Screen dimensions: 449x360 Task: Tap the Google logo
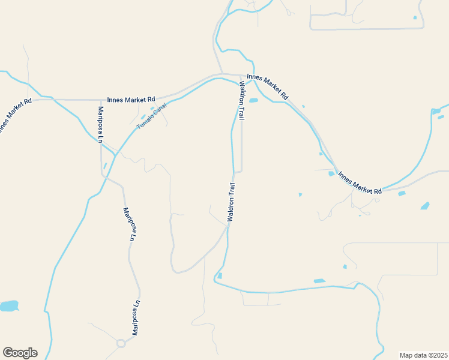[x=20, y=353]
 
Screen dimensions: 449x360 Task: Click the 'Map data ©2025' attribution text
[x=423, y=355]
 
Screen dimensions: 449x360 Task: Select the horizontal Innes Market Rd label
[x=131, y=99]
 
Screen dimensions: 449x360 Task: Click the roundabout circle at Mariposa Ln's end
[x=121, y=343]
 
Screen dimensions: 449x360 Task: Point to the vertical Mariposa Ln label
[x=101, y=124]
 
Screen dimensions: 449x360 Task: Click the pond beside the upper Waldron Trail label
[x=253, y=100]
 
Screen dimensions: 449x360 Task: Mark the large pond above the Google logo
[x=8, y=306]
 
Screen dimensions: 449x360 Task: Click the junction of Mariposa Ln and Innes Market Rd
[x=101, y=100]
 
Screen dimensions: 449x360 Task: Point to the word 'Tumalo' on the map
[x=145, y=122]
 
